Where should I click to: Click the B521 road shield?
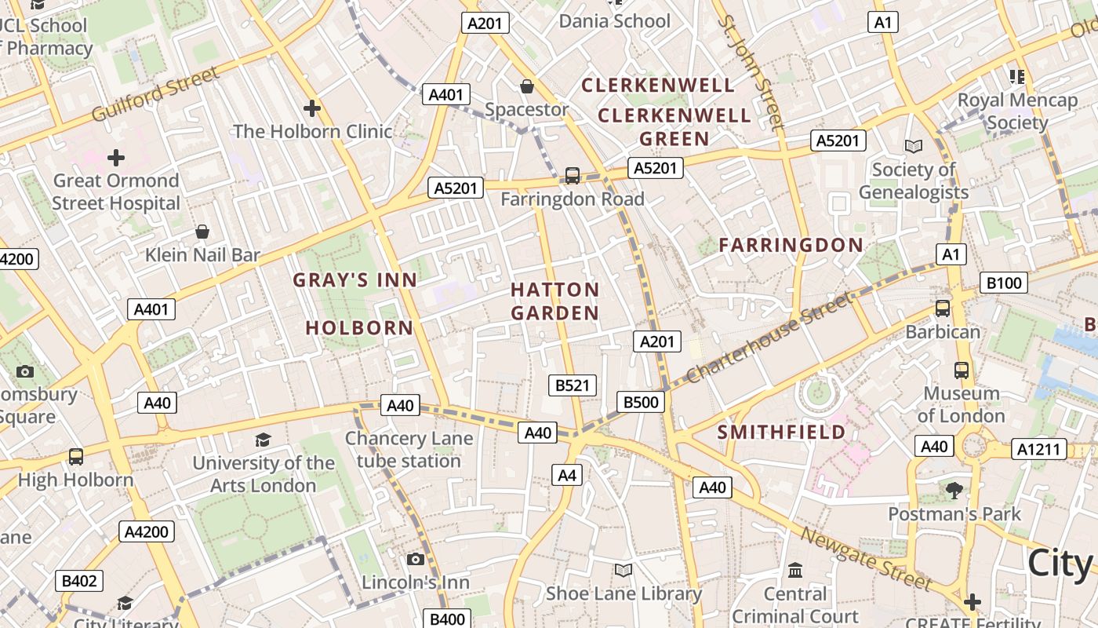click(572, 385)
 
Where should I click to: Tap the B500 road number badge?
click(641, 402)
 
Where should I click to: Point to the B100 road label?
click(1003, 283)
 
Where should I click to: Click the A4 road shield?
click(567, 475)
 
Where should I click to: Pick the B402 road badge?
click(79, 581)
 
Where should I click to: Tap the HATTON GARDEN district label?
click(555, 301)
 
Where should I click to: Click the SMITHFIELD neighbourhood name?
click(782, 432)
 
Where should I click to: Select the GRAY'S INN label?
click(355, 279)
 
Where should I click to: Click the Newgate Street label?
click(866, 558)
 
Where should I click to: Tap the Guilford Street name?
click(155, 95)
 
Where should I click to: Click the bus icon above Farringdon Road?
click(573, 175)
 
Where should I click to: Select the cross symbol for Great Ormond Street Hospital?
click(116, 158)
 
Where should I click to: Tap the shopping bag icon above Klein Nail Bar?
click(202, 232)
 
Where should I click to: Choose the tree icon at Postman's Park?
click(954, 491)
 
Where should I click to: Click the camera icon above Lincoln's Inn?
click(416, 559)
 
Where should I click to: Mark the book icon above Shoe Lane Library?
click(624, 570)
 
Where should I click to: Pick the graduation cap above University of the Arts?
click(264, 440)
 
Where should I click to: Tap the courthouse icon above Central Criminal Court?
click(795, 570)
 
